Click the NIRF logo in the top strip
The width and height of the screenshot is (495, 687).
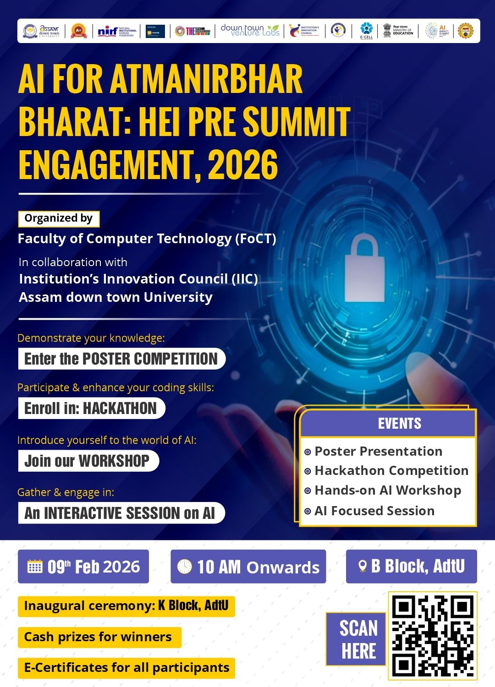pos(117,31)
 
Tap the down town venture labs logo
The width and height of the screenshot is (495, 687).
pos(250,31)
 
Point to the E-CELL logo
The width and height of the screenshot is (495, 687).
pos(366,31)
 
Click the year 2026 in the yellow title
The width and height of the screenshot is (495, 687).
pos(242,165)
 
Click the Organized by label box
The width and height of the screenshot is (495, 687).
pos(59,218)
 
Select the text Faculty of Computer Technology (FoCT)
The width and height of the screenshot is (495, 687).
pos(147,239)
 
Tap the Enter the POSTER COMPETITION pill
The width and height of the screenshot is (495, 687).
pos(121,359)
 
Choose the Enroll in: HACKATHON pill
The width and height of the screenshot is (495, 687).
pos(91,408)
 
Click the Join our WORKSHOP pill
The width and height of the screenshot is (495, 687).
pos(88,461)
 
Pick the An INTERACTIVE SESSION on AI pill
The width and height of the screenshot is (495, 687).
pos(121,513)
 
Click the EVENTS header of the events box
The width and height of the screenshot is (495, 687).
pos(399,424)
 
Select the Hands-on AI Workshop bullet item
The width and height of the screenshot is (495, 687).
pos(387,491)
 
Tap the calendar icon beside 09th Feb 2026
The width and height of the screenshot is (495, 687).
pos(35,567)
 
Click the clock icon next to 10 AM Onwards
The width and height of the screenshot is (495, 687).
pos(184,567)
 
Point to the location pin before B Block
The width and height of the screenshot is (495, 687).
pos(362,567)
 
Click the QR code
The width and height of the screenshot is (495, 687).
pos(432,636)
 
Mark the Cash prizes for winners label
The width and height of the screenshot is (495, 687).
pos(98,637)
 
